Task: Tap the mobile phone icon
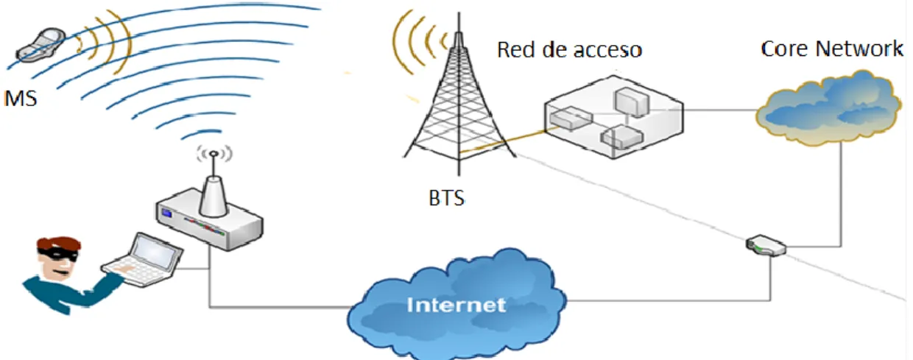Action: (40, 45)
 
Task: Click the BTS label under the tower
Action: (447, 199)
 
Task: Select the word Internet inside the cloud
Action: (456, 305)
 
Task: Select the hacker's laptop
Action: (142, 260)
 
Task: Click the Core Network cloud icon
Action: (828, 108)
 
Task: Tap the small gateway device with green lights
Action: (766, 246)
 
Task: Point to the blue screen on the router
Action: (166, 213)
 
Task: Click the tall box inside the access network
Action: (631, 102)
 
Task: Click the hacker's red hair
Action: (58, 244)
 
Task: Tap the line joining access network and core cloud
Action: (720, 110)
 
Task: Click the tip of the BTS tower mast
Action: (459, 13)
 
